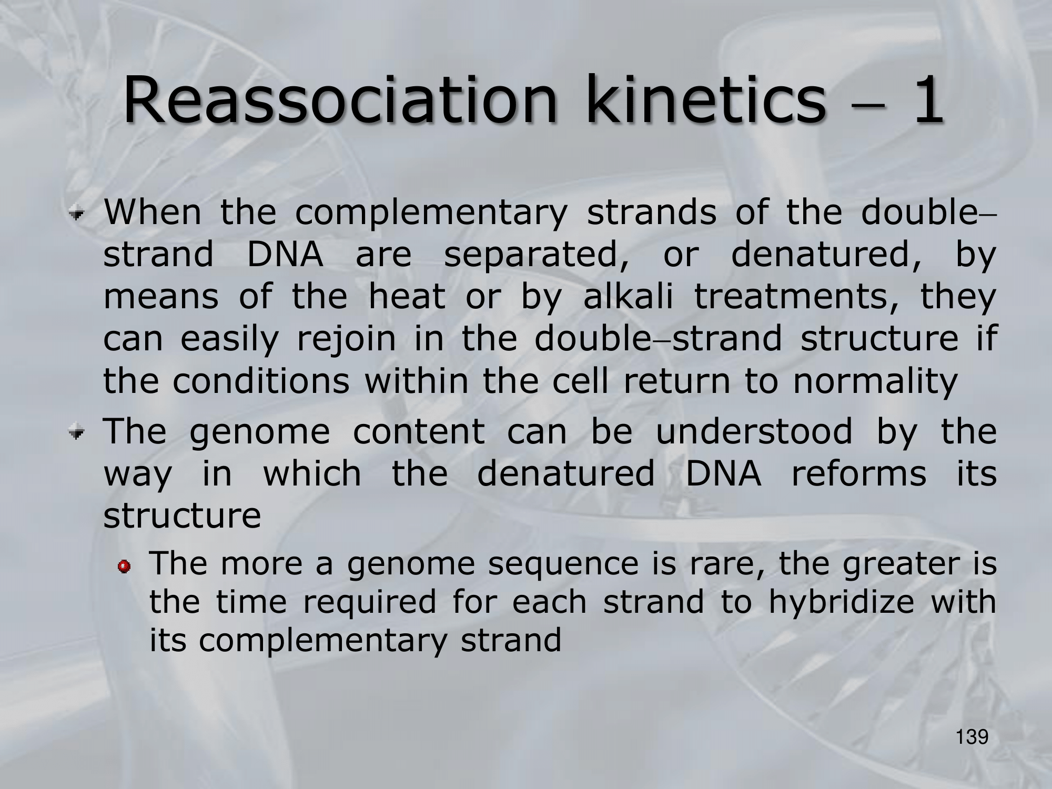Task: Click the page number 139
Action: point(973,737)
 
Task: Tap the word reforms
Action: point(858,473)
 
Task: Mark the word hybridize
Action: point(842,603)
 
